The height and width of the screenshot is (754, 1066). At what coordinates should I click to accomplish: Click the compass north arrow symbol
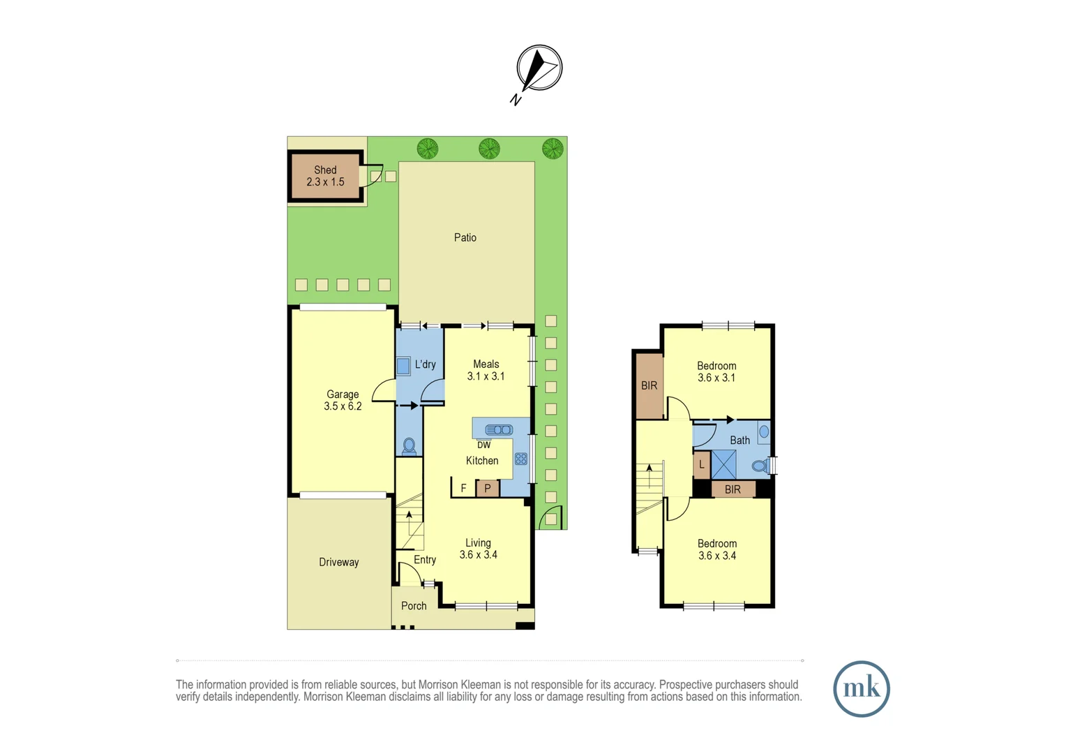point(539,68)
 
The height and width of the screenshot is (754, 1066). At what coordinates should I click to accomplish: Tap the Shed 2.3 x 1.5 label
point(325,176)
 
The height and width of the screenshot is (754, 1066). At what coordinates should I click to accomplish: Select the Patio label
point(465,238)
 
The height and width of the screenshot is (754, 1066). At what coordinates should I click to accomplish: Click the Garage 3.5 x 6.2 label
point(343,400)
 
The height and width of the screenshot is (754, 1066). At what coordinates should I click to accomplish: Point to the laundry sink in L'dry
point(403,366)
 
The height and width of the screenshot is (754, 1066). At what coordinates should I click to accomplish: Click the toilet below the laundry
point(410,446)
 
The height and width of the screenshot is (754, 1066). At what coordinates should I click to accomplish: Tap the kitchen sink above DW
point(499,429)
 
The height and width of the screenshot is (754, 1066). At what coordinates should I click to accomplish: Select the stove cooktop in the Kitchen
point(520,459)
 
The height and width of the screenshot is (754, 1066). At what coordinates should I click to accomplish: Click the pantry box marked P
point(488,489)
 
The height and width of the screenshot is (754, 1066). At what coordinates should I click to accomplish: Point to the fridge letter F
point(463,489)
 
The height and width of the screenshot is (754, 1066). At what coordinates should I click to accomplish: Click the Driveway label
point(339,562)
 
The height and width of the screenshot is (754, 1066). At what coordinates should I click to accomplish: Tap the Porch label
point(414,606)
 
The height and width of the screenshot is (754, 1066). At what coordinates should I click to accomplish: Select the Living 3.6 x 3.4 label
point(479,549)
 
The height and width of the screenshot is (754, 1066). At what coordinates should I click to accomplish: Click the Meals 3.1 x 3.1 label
point(486,370)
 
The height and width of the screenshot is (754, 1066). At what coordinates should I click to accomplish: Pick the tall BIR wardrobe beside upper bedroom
point(649,386)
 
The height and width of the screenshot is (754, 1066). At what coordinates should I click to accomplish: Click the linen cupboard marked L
point(702,465)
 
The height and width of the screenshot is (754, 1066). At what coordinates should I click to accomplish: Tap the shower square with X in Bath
point(723,465)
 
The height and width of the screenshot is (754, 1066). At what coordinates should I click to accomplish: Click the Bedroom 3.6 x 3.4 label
point(717,549)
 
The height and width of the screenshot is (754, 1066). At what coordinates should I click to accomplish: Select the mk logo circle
point(862,689)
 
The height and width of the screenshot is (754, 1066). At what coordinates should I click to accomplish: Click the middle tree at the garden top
point(489,149)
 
